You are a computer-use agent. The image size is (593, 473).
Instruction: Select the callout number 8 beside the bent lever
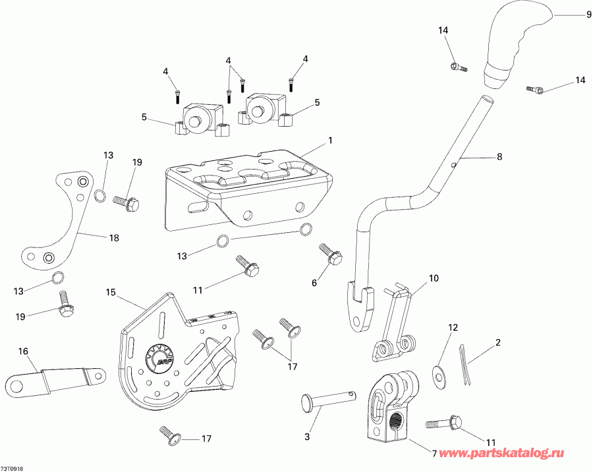499,157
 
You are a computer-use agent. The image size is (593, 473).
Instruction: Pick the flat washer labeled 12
438,374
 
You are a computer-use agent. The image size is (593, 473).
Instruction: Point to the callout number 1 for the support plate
330,141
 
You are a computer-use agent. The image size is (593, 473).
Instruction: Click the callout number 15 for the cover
110,292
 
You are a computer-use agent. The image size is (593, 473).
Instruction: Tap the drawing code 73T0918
14,467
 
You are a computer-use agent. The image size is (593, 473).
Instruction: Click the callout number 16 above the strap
23,352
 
